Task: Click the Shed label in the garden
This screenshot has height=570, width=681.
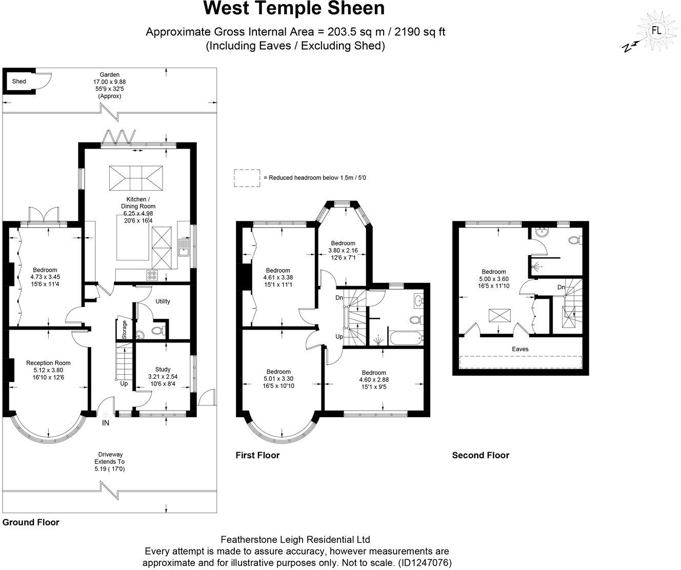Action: pos(19,82)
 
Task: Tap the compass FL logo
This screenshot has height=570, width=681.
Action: pos(656,30)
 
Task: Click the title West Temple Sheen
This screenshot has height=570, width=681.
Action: pos(294,9)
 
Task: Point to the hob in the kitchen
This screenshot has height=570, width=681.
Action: pos(152,275)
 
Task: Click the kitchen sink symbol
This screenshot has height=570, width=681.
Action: pos(184,248)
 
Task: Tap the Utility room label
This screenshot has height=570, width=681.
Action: pos(163,301)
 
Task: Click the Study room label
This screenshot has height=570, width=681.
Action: pos(163,369)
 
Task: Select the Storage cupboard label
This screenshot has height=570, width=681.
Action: pos(124,330)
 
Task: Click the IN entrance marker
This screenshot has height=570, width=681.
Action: pos(106,423)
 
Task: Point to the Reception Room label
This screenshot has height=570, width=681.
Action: pos(48,363)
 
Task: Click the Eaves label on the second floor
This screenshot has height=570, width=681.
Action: pos(520,349)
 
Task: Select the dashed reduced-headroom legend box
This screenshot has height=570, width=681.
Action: pos(247,178)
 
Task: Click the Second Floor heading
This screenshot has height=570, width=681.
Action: pos(480,455)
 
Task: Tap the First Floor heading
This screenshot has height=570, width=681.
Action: pos(257,455)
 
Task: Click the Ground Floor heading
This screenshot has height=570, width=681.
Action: pos(31,523)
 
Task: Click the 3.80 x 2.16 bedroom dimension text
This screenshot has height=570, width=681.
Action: pos(343,251)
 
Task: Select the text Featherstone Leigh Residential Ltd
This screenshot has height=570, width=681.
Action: pos(295,539)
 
